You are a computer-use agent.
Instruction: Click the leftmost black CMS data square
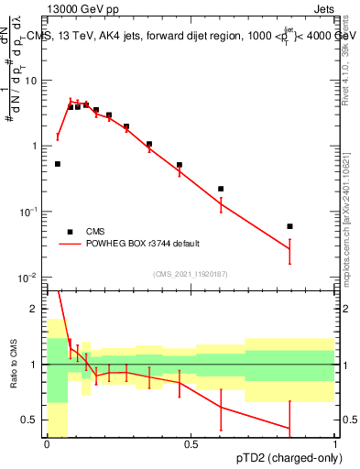[58, 164]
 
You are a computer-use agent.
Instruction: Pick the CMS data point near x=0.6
[221, 189]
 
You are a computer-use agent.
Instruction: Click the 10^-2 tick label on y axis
[30, 278]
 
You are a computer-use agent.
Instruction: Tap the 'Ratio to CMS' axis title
[14, 364]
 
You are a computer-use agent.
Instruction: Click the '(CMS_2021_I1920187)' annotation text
[191, 273]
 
